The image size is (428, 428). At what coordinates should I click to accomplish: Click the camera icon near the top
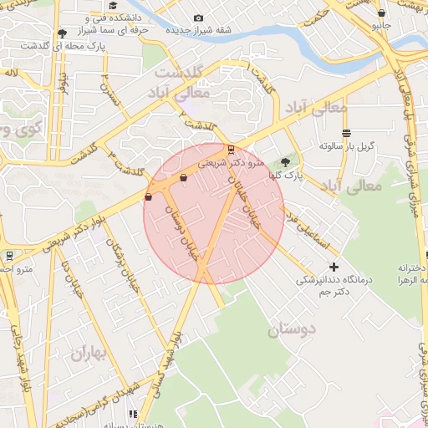click(198, 18)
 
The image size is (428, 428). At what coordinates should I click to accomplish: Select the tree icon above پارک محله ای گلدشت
click(62, 33)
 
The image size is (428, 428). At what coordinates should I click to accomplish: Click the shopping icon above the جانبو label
click(381, 13)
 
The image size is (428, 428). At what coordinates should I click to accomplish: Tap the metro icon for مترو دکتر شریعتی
click(232, 150)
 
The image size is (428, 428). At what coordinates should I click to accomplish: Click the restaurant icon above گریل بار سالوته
click(346, 133)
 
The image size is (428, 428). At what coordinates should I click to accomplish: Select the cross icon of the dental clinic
click(334, 266)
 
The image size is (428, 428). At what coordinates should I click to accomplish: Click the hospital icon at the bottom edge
click(132, 414)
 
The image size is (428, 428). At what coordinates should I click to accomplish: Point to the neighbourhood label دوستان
click(292, 329)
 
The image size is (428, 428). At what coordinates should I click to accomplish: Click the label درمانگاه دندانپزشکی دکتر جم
click(334, 286)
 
